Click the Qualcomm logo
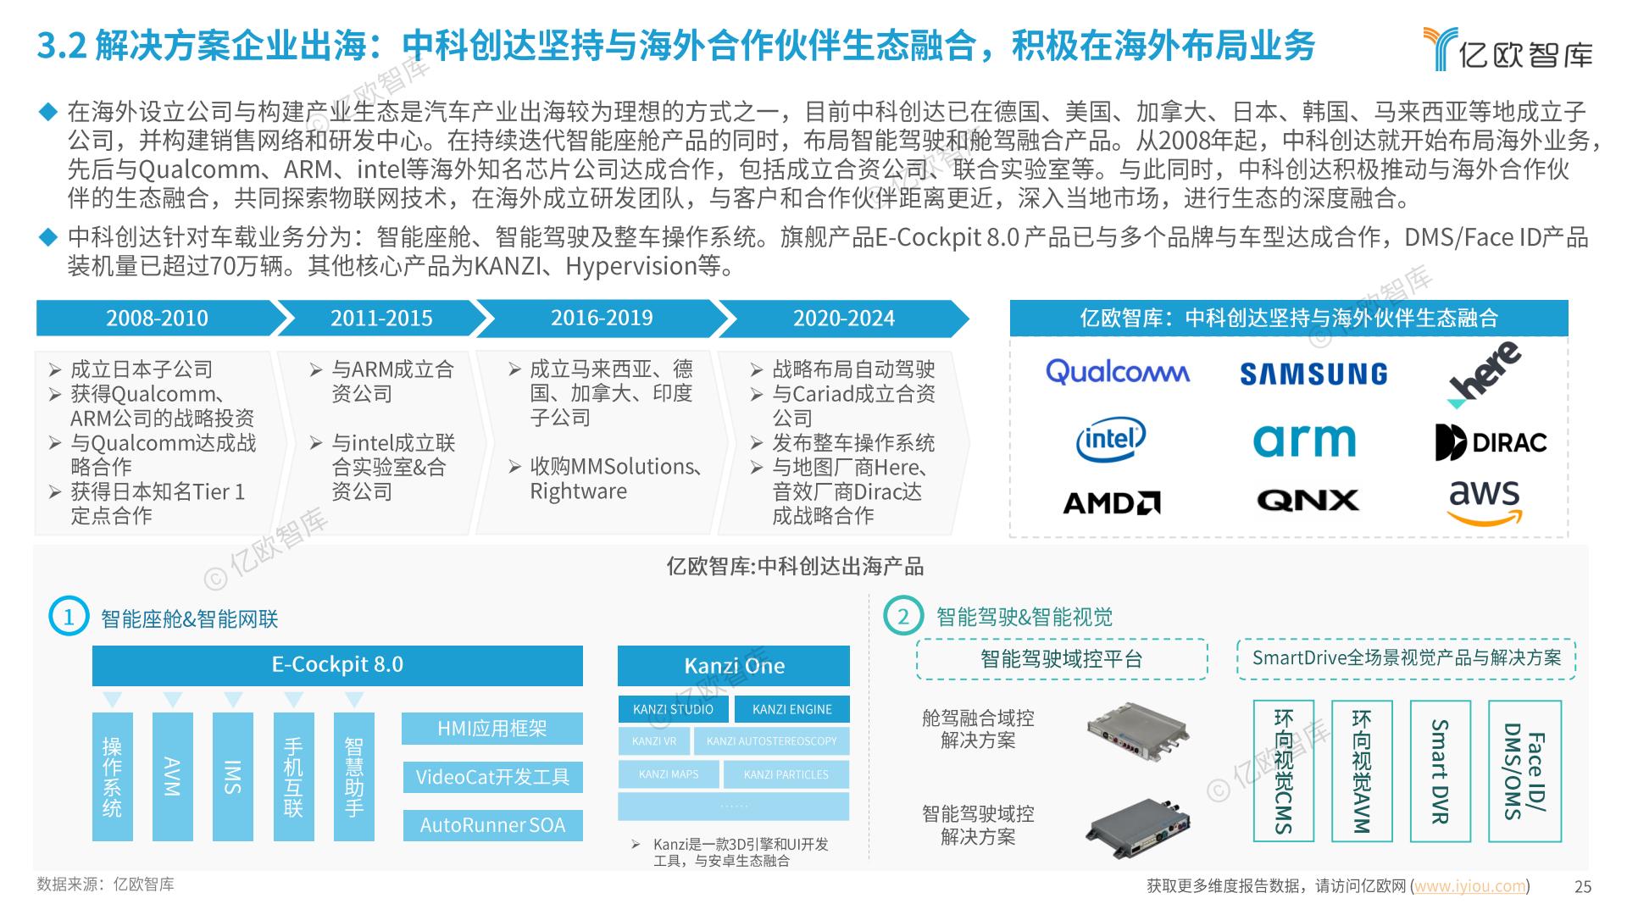[1117, 372]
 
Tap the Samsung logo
[1313, 374]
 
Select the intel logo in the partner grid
[1110, 439]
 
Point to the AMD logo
[1112, 503]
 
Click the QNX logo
[1308, 501]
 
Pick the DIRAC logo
[1491, 441]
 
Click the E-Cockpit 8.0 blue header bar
[337, 665]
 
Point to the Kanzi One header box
[734, 666]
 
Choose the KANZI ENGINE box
[792, 709]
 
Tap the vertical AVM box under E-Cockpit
[173, 776]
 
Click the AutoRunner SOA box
[492, 825]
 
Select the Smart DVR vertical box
[1440, 771]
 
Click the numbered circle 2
[902, 616]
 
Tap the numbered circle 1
[69, 617]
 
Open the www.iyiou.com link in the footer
[1470, 886]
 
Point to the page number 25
[1583, 887]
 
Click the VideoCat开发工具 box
[492, 777]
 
